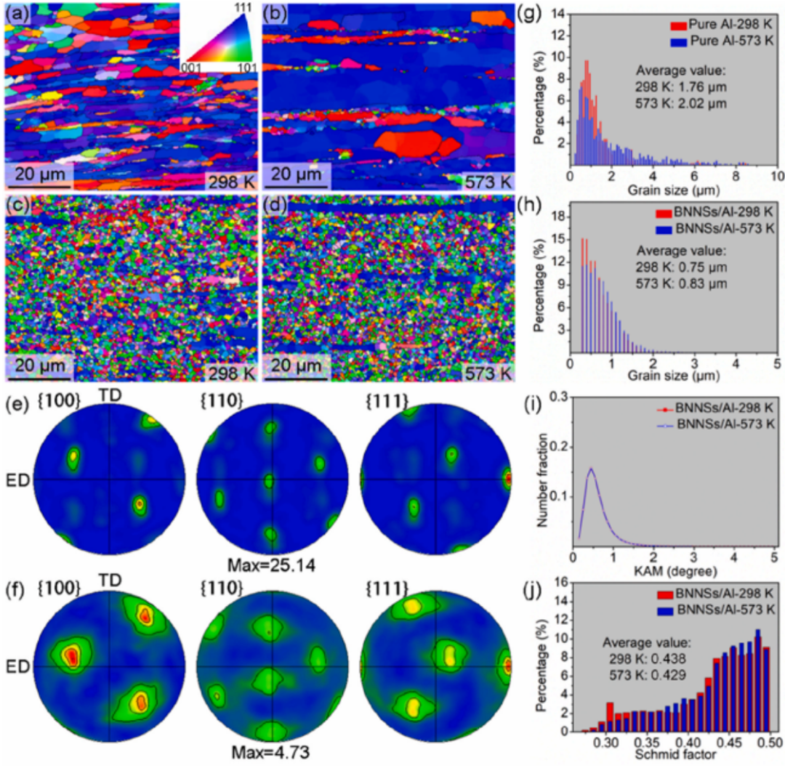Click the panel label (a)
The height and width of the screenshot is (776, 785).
[15, 12]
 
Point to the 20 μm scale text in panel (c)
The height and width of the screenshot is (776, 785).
[38, 363]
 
